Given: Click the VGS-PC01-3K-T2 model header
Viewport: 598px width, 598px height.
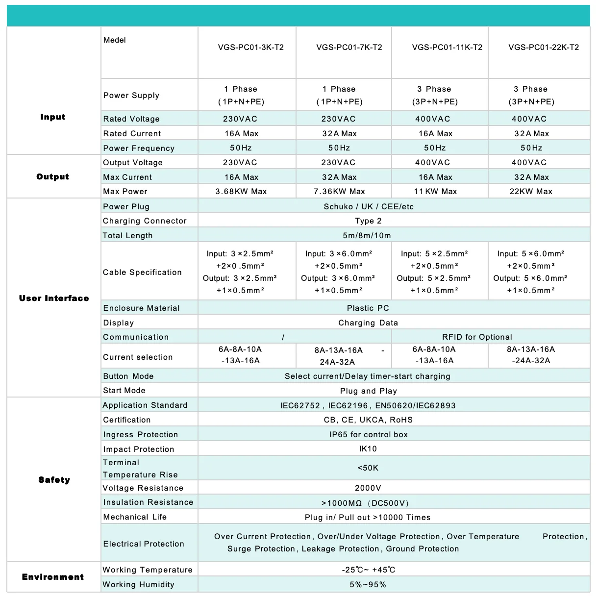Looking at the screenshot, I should point(250,48).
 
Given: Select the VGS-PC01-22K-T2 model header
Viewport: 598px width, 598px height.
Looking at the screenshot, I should point(544,48).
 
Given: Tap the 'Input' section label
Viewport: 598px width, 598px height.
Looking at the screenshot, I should point(53,117).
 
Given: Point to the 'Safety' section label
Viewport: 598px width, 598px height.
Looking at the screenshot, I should point(54,480).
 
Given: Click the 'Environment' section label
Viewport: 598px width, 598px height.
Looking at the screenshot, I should point(53,577).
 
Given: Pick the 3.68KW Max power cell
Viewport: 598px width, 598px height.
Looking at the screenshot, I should point(241,192).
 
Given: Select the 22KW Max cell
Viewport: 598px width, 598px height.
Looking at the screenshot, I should point(531,192).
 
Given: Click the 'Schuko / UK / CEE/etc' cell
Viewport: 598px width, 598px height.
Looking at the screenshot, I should point(369,206).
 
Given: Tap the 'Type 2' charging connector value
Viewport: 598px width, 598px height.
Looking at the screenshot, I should point(368,221).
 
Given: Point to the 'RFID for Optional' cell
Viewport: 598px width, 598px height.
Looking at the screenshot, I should point(477,337).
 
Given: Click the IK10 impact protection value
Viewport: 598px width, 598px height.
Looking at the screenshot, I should point(368,449).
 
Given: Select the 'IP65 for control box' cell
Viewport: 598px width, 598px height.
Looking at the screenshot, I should point(369,434).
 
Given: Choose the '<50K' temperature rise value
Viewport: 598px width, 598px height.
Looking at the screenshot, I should point(368,468).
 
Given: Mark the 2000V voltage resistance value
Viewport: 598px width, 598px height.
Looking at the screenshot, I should point(368,488).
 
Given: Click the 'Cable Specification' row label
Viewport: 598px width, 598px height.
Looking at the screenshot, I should point(142,272).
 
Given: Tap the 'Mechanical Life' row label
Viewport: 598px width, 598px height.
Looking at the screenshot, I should point(135,517).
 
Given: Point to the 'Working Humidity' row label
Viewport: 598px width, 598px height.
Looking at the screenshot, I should point(138,584).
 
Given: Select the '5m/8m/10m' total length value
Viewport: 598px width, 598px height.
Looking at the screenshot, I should point(367,235).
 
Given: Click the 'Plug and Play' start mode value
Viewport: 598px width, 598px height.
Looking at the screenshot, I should point(369,391).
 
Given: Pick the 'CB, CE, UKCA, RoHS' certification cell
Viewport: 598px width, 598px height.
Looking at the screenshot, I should point(369,420).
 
